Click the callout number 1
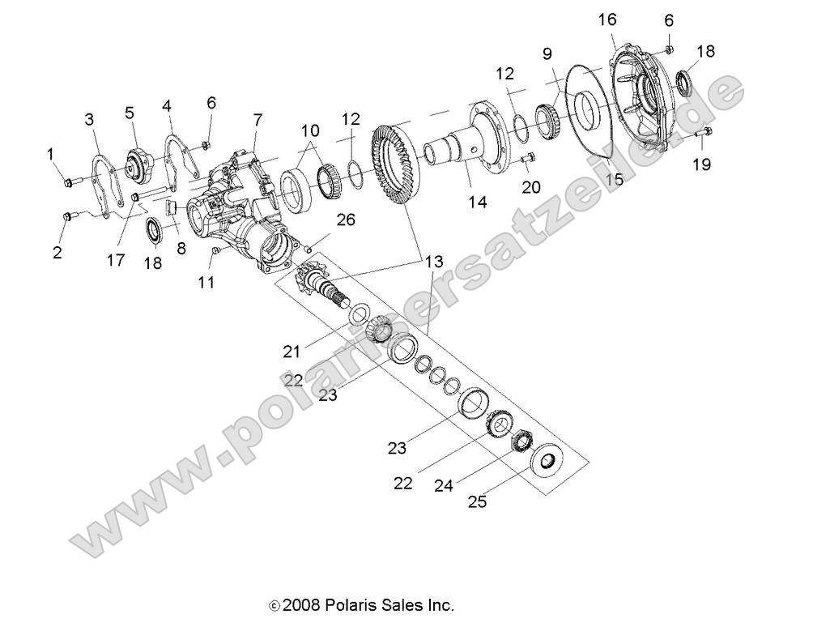(x=51, y=153)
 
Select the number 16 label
(x=607, y=19)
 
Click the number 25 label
(x=477, y=501)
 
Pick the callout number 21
(x=292, y=351)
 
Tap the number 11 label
(x=206, y=283)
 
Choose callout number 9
(x=547, y=53)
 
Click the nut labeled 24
(x=520, y=440)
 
